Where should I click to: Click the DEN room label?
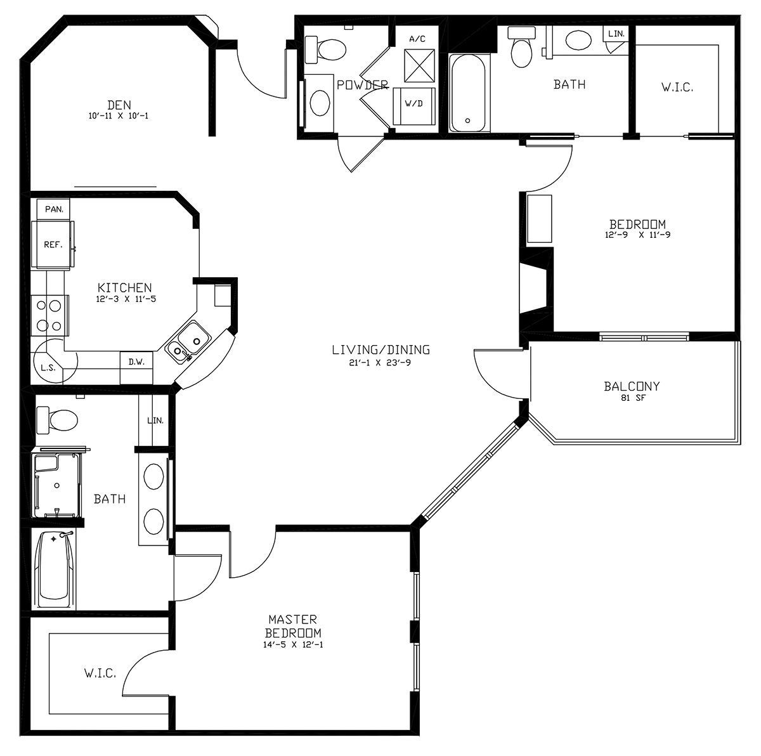click(119, 105)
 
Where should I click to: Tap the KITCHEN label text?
click(124, 287)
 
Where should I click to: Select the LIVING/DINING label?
click(380, 349)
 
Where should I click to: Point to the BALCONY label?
click(632, 386)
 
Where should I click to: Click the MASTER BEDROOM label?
click(292, 626)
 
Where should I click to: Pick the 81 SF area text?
click(633, 398)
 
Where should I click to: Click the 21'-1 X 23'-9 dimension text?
click(380, 363)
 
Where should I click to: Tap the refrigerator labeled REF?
click(53, 245)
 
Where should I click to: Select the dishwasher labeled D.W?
click(136, 367)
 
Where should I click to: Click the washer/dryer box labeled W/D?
click(414, 106)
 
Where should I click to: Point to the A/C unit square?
click(419, 65)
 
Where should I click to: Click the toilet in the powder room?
click(326, 50)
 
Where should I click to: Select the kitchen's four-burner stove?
click(50, 316)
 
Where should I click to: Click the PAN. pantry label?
click(54, 209)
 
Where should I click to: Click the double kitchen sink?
click(188, 342)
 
